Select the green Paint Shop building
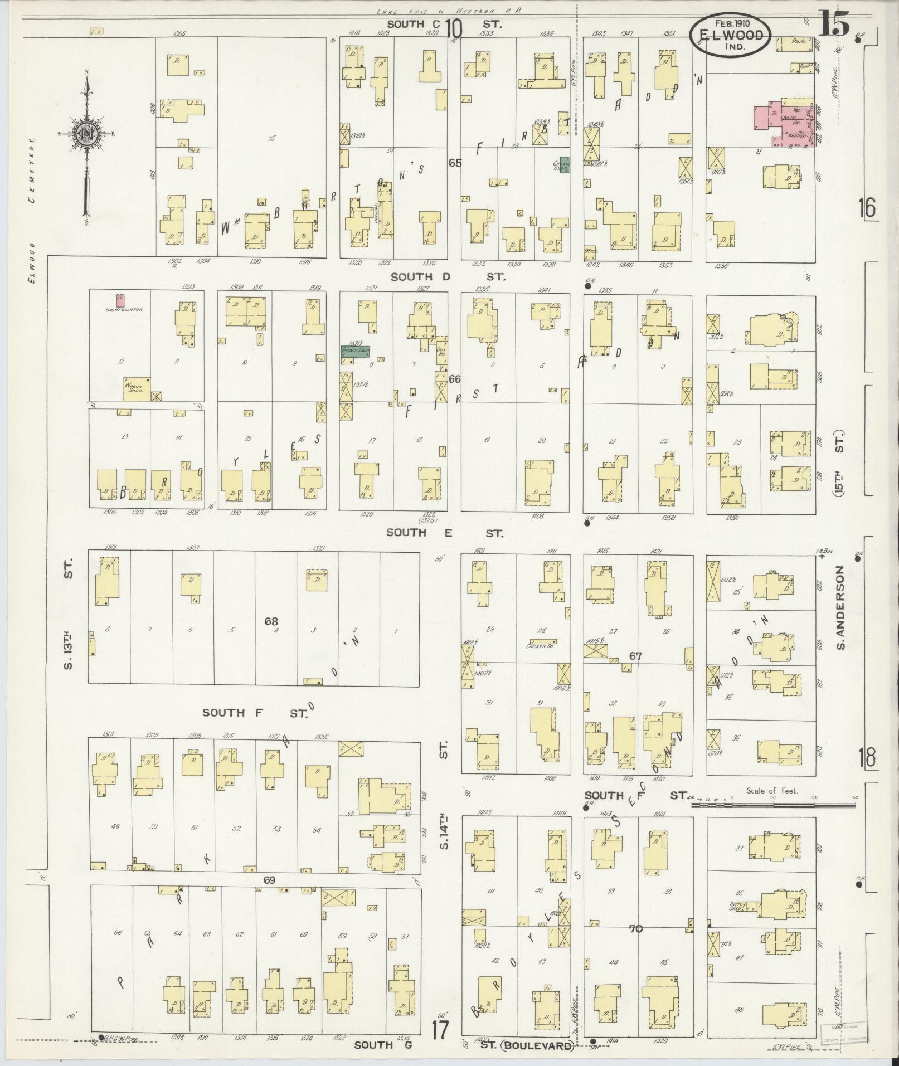[x=356, y=351]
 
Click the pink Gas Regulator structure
[x=120, y=301]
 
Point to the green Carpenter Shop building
[x=564, y=164]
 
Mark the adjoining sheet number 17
[x=440, y=1029]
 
